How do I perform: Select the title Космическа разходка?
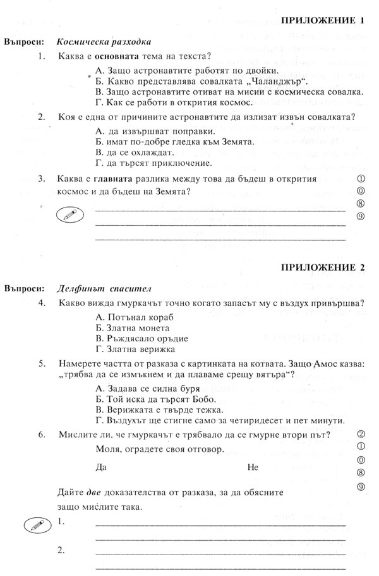click(x=104, y=42)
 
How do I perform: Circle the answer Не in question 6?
click(x=253, y=467)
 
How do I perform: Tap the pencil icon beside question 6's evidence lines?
click(x=33, y=525)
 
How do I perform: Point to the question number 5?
click(x=41, y=364)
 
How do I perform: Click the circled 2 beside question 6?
click(x=361, y=433)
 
